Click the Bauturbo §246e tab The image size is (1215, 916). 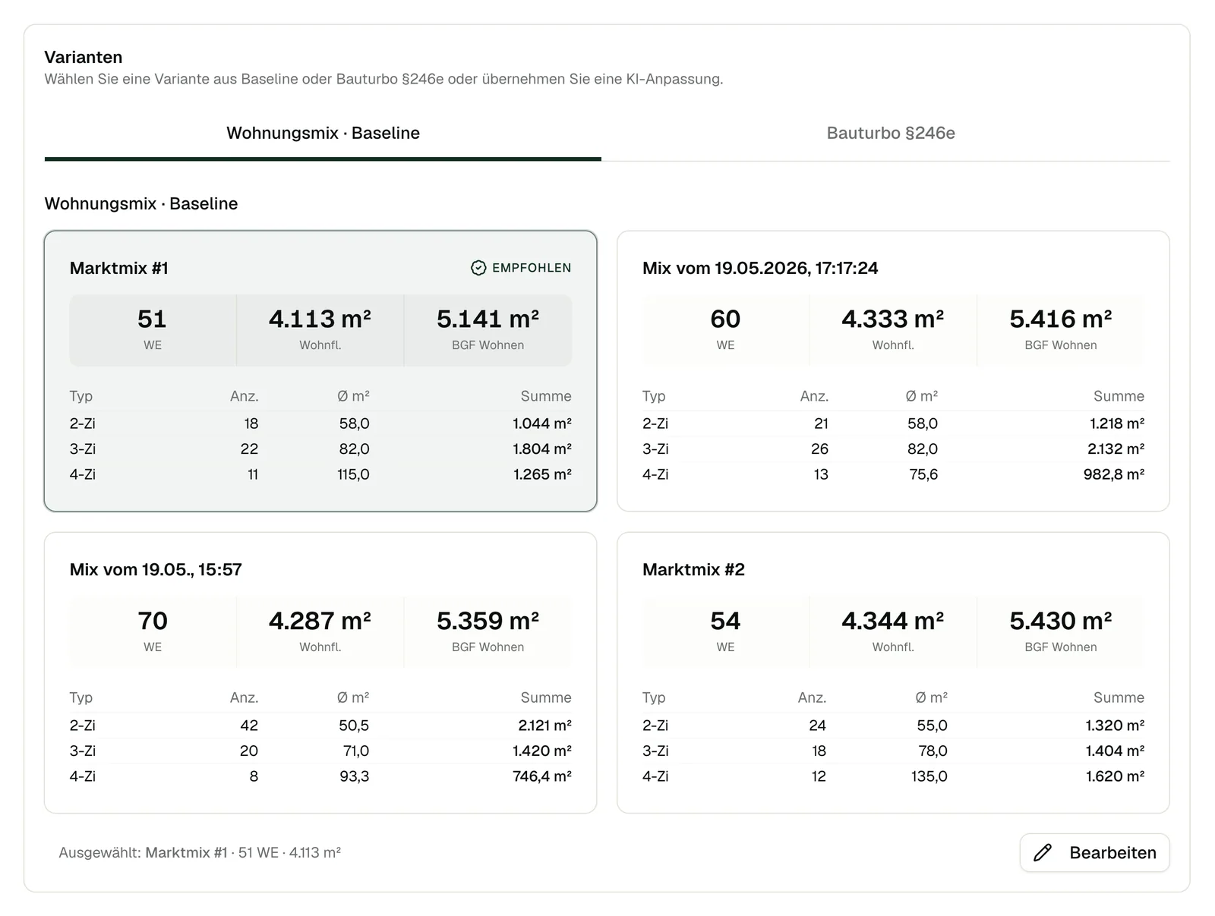[x=890, y=133]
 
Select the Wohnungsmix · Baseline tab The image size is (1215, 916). [x=323, y=133]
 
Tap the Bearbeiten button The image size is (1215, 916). [x=1094, y=852]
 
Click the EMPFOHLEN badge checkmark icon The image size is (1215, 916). [x=478, y=268]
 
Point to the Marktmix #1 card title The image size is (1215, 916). [x=118, y=268]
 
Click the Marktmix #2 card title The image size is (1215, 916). [x=693, y=569]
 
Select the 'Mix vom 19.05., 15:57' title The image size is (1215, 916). [x=156, y=569]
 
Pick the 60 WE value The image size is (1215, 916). [x=725, y=319]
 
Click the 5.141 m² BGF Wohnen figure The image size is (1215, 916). [x=487, y=319]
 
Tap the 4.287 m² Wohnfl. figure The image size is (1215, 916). [x=320, y=621]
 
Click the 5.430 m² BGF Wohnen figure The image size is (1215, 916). [x=1060, y=621]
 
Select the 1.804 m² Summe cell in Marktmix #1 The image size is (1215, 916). [x=542, y=449]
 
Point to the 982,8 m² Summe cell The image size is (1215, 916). [x=1114, y=474]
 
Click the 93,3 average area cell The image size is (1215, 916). [x=355, y=776]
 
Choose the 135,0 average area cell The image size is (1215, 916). [x=929, y=776]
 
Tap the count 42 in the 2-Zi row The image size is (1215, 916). [x=249, y=726]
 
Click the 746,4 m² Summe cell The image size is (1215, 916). [x=542, y=776]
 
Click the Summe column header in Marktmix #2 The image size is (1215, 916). [x=1119, y=697]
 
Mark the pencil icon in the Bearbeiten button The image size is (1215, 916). [x=1043, y=852]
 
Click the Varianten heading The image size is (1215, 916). [x=83, y=57]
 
